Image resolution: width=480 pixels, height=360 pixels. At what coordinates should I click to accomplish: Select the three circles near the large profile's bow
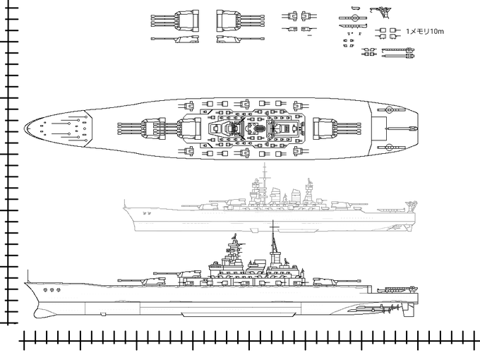coord(49,289)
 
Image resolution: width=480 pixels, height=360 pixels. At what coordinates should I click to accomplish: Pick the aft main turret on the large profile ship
coord(332,278)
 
